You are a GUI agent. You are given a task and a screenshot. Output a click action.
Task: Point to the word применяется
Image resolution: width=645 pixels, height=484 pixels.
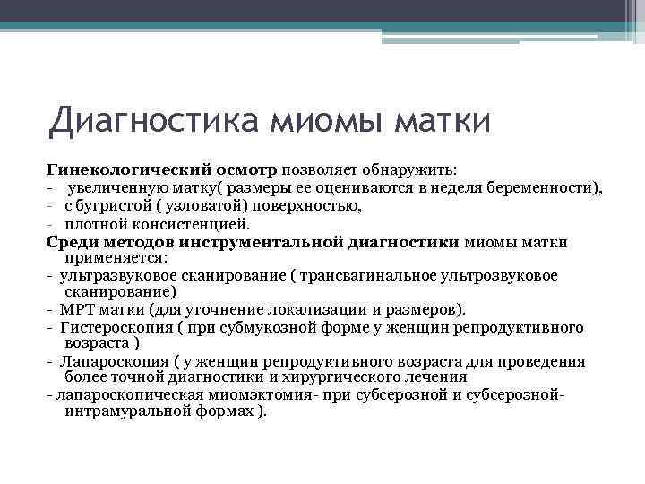click(110, 257)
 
